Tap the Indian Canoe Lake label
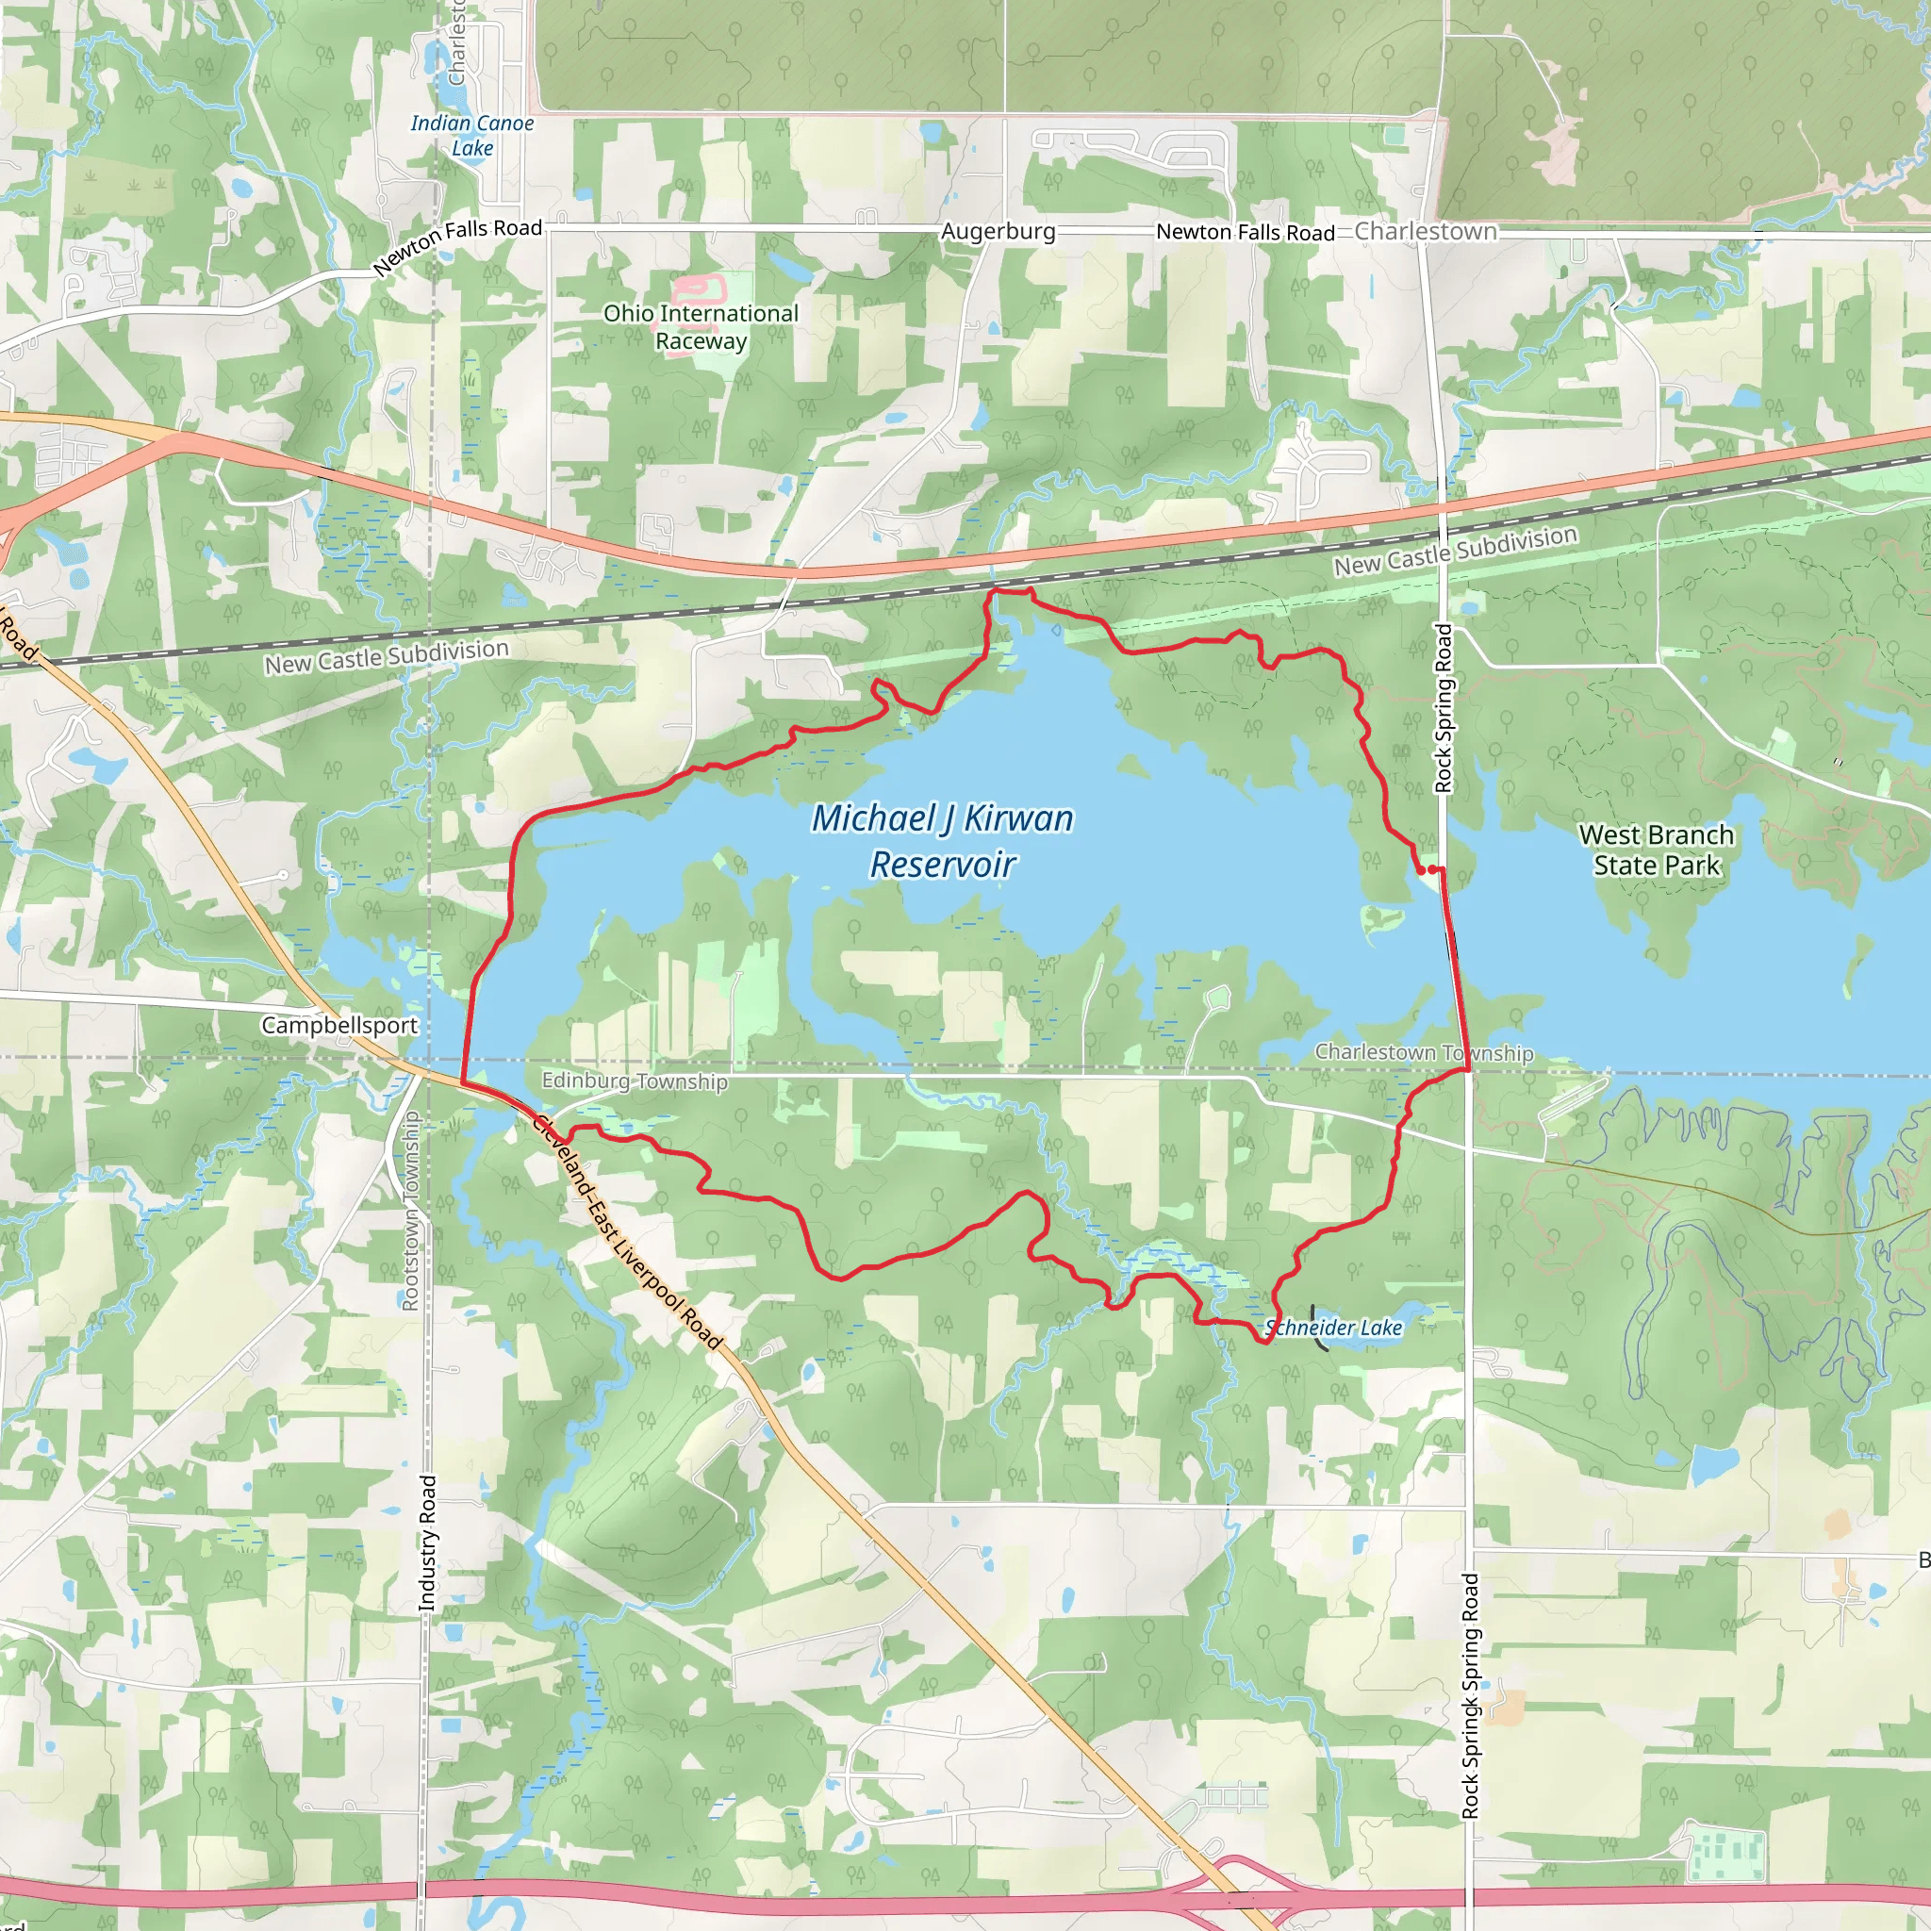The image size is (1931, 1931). (x=471, y=136)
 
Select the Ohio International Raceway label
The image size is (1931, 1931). (x=701, y=327)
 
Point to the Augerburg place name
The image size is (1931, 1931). (x=998, y=232)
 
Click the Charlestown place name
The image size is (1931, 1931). (x=1426, y=231)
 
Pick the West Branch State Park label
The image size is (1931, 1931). (x=1656, y=850)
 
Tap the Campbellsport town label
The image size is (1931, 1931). (x=338, y=1026)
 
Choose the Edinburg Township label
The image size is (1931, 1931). (x=635, y=1081)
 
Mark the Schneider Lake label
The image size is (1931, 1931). (x=1333, y=1328)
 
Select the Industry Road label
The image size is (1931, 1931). (x=428, y=1543)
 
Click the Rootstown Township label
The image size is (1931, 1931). (x=410, y=1211)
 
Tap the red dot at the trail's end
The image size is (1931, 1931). (x=1420, y=869)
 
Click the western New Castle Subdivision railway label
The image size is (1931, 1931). (x=387, y=655)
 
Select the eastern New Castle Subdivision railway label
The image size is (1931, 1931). (x=1455, y=551)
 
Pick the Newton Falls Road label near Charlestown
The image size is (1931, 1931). (x=1245, y=232)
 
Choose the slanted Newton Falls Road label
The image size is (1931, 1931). (x=456, y=245)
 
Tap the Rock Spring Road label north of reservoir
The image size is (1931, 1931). (x=1444, y=708)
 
